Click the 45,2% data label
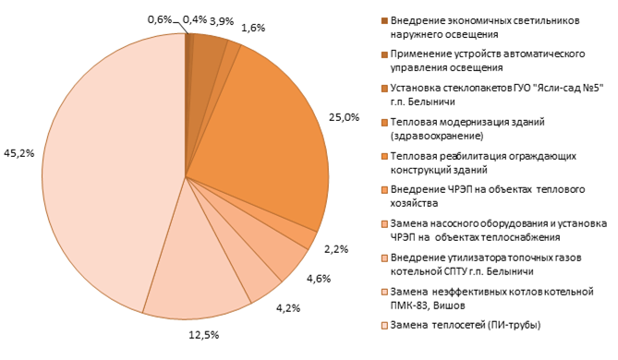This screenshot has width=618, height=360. (18, 153)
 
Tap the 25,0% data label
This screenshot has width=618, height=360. (344, 117)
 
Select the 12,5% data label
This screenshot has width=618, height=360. (204, 335)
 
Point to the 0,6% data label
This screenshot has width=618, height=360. (160, 19)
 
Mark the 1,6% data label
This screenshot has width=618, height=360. (253, 28)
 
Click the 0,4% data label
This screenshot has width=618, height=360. (195, 19)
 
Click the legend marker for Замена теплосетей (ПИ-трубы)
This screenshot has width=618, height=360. (384, 325)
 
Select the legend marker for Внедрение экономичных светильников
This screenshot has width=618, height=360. (384, 20)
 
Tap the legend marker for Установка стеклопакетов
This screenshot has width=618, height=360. (384, 89)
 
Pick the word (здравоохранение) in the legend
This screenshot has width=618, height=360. (437, 137)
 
